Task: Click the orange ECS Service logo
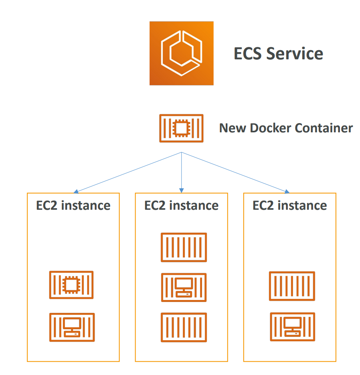[181, 53]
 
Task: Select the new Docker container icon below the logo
[181, 128]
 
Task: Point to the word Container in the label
[324, 128]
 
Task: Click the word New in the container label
[233, 128]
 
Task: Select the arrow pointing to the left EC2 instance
[128, 172]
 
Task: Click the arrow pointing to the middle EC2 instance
[182, 172]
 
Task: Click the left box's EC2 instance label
[73, 206]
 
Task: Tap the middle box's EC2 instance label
[182, 206]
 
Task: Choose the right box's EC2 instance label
[290, 206]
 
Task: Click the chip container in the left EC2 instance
[71, 285]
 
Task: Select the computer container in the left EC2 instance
[72, 327]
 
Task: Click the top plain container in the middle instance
[184, 247]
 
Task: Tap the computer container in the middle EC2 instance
[184, 287]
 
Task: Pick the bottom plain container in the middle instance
[184, 327]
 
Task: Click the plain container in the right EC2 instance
[292, 286]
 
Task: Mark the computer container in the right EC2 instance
[292, 326]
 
